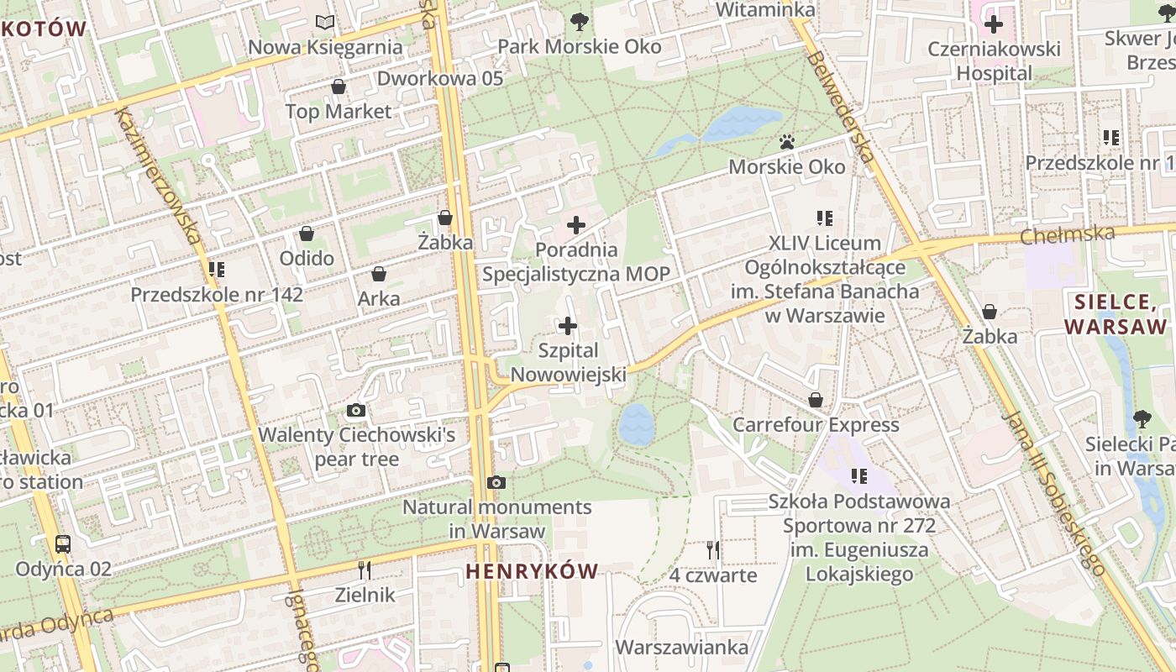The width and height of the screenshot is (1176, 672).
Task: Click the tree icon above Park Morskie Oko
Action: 579,22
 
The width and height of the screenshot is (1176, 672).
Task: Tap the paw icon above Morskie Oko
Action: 787,142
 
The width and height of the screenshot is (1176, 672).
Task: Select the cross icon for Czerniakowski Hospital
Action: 994,24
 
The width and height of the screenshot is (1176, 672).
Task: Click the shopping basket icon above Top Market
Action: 339,87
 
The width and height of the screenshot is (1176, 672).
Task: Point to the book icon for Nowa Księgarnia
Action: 325,22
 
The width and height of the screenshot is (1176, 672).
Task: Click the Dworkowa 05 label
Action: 440,78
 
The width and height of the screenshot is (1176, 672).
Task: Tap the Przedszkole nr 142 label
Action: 217,295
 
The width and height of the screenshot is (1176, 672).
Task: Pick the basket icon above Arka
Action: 379,274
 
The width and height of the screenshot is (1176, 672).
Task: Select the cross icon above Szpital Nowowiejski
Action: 568,326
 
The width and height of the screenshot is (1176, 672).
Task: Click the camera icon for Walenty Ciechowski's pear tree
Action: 356,411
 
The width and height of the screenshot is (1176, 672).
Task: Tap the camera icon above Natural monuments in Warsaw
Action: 496,483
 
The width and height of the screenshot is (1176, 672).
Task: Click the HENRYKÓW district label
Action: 532,572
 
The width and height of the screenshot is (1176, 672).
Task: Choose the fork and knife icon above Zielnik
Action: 365,570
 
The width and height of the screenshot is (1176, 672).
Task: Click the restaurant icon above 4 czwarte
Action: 713,550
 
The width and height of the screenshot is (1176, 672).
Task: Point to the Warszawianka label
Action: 681,648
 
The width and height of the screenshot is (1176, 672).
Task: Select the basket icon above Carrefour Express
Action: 816,400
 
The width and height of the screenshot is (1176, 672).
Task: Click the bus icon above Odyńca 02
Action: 63,543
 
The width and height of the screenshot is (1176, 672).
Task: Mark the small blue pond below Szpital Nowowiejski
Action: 636,424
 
